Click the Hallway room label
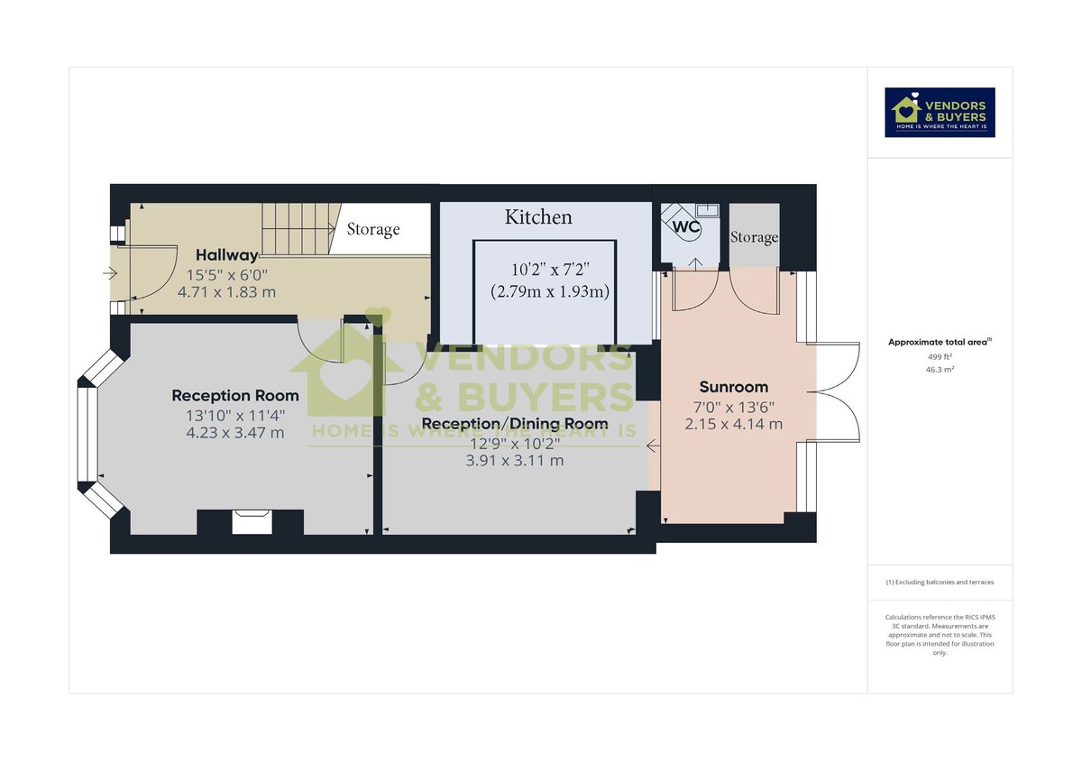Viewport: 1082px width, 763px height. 227,255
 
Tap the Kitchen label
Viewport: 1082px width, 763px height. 538,217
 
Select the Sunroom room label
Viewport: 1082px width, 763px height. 734,387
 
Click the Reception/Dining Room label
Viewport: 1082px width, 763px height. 515,423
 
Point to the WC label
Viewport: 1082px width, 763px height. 687,226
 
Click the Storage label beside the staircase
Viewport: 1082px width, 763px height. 373,229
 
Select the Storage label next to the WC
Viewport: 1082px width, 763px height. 754,237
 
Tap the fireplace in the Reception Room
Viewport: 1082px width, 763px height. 251,521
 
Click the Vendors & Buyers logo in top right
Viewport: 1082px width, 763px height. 940,113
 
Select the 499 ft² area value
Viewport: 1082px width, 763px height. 940,356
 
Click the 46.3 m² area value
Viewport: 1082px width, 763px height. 940,369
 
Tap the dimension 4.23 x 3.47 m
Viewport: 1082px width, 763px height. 234,432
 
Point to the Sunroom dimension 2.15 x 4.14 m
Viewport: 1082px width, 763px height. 734,424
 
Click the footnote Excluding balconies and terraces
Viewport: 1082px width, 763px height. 940,583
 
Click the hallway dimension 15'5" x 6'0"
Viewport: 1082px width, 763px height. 227,274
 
